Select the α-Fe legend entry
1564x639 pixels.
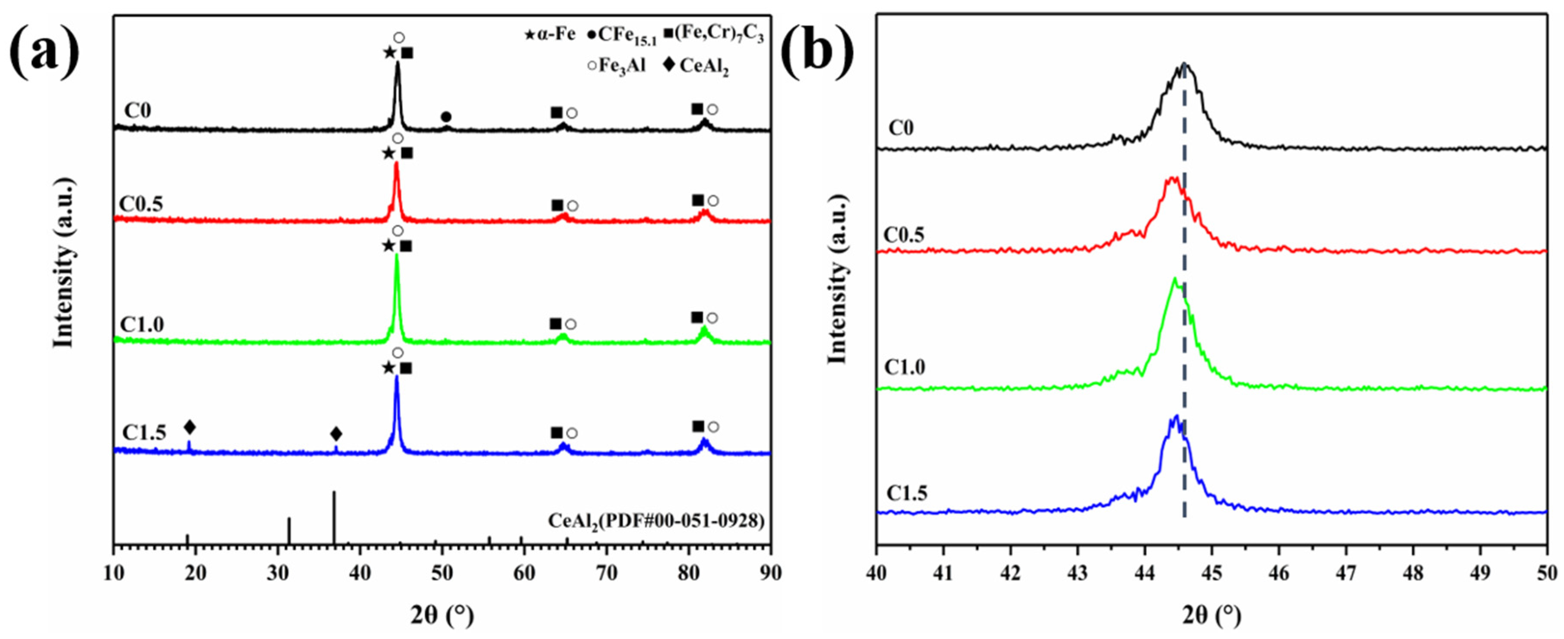tap(550, 35)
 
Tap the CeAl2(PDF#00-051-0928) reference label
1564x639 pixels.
tap(656, 521)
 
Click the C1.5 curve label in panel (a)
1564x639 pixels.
tap(144, 432)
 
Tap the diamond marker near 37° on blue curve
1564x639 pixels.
tap(336, 434)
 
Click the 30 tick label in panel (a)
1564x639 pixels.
tap(277, 572)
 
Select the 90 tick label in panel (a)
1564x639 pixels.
tap(770, 572)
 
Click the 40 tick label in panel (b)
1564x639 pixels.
tap(876, 572)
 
